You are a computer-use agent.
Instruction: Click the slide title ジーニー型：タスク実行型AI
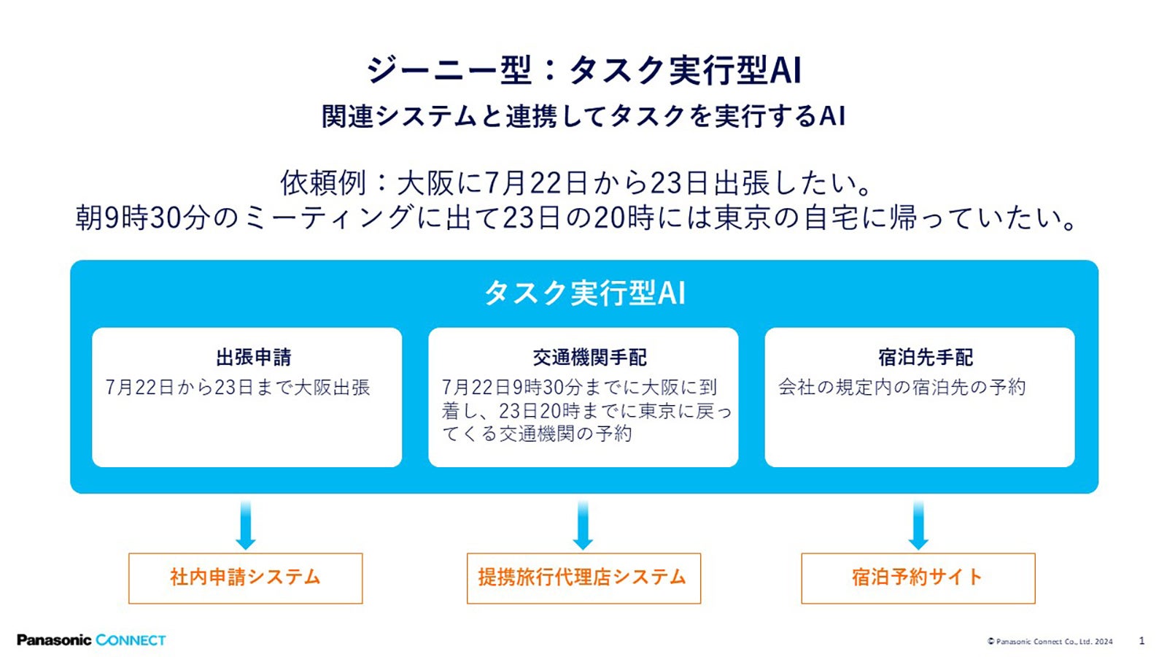583,70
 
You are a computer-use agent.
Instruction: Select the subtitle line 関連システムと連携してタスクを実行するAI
583,116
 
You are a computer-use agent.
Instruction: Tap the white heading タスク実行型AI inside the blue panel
584,293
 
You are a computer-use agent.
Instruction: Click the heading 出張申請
253,357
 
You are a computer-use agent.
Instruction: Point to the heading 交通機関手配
589,357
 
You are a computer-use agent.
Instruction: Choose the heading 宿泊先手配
925,357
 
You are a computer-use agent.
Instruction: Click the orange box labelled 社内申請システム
245,577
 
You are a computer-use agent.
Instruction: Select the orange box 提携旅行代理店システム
583,577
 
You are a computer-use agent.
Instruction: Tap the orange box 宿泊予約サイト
918,577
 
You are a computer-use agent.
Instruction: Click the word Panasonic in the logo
54,640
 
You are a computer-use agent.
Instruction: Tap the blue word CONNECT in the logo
131,640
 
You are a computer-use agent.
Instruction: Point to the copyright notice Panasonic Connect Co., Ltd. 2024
1050,642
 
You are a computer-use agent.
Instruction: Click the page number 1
1141,641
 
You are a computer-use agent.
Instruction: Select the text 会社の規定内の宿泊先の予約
902,387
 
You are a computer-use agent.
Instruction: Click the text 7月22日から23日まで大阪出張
238,387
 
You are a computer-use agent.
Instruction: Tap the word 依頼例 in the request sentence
322,182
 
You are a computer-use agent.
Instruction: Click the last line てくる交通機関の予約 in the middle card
537,434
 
